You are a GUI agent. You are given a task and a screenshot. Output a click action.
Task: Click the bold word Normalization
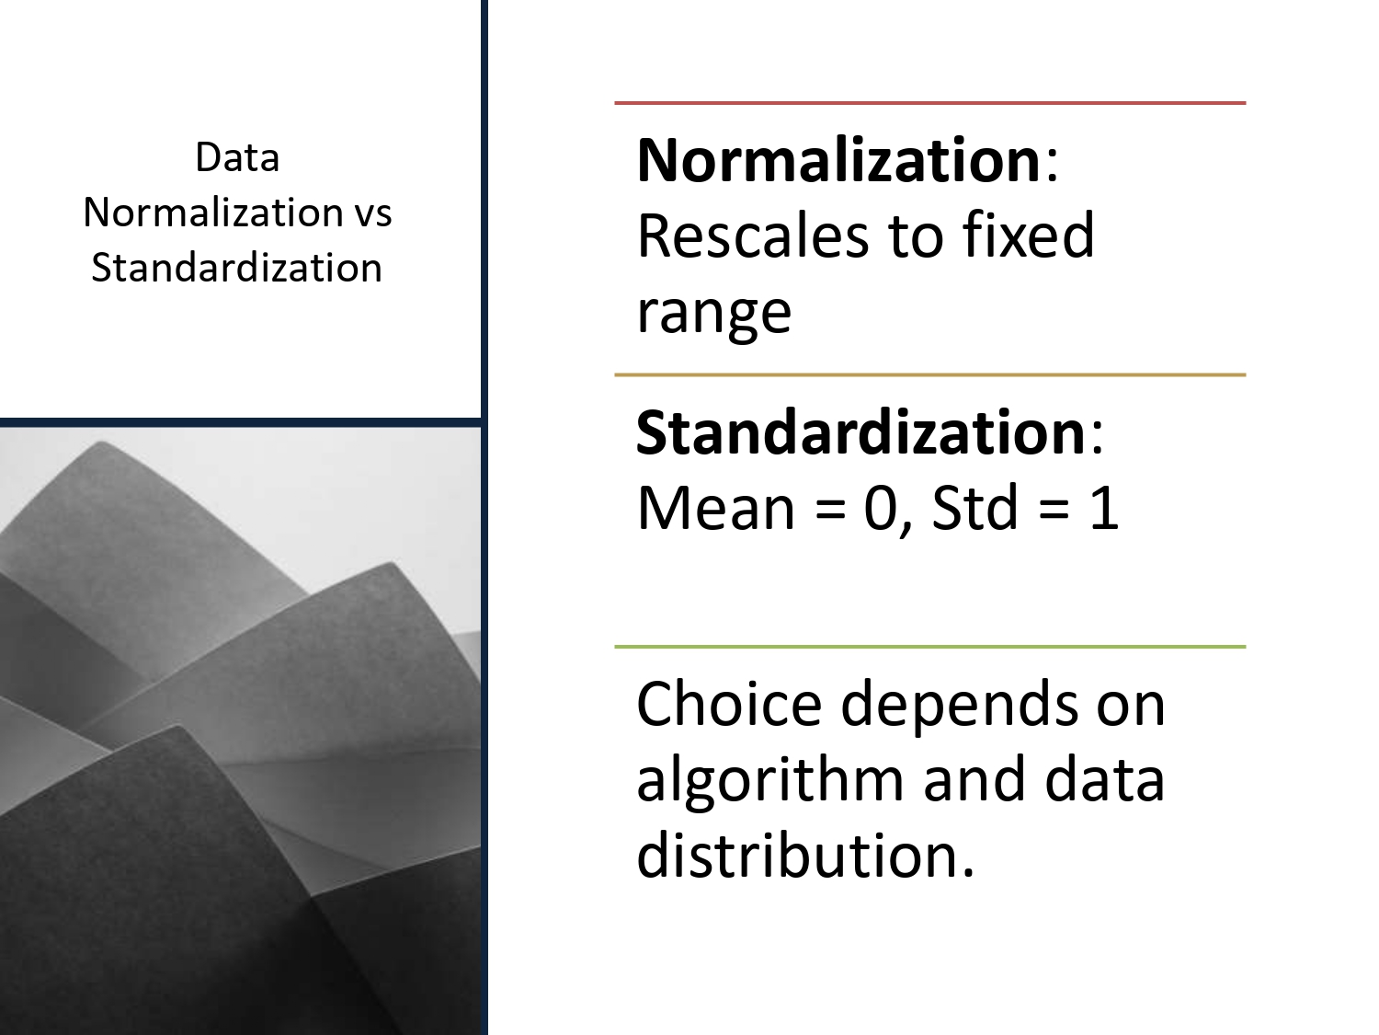(x=838, y=160)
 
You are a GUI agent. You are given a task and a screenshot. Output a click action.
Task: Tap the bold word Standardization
(x=861, y=432)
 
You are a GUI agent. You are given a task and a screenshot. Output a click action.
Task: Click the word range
(x=713, y=313)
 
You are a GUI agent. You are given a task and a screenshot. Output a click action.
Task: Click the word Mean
(x=715, y=508)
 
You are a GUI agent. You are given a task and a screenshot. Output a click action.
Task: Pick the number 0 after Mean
(x=880, y=508)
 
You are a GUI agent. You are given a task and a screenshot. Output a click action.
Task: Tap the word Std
(x=974, y=508)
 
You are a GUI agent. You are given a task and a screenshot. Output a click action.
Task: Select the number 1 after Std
(x=1103, y=508)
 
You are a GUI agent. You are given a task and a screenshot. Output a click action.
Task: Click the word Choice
(x=728, y=705)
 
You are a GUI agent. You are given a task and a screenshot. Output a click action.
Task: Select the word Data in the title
(x=237, y=157)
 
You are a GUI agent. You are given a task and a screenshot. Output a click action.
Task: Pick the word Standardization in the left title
(x=237, y=268)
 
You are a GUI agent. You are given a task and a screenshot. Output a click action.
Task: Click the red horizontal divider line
(x=929, y=103)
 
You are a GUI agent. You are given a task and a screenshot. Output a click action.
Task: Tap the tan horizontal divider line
(x=929, y=375)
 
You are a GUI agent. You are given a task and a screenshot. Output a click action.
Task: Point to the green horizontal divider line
(x=929, y=647)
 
